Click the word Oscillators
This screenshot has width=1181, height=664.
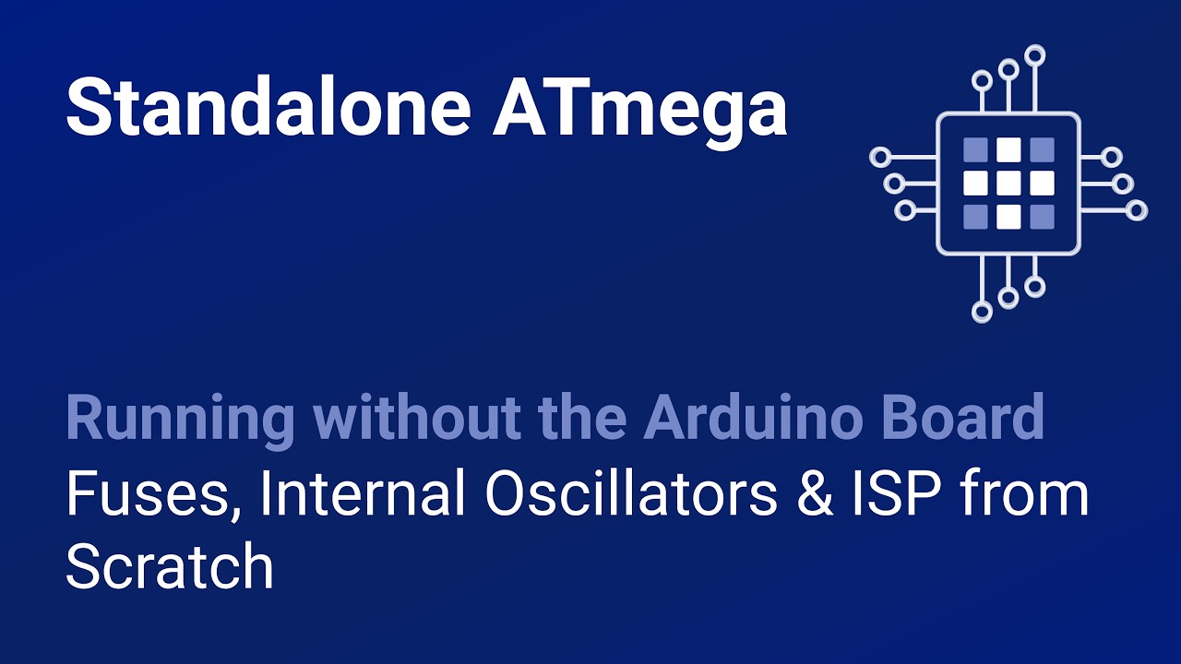coord(630,494)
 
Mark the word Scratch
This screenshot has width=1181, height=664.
coord(170,566)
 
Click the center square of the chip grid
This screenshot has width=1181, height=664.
coord(1008,183)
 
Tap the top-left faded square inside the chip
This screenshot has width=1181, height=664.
coord(975,149)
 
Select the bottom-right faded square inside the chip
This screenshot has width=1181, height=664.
coord(1042,216)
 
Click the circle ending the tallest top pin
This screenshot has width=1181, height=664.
coord(1035,54)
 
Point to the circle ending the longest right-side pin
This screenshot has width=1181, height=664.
coord(1137,210)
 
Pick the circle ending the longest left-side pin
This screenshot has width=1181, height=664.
coord(880,157)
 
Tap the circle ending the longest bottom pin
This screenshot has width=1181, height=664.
coord(982,312)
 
